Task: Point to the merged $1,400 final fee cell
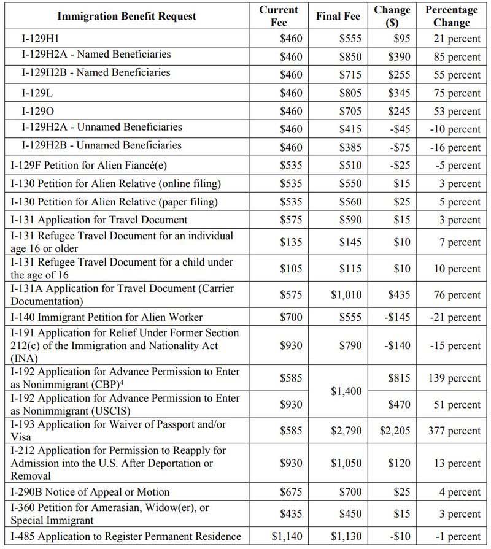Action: coord(346,391)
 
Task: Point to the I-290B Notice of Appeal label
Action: coord(90,492)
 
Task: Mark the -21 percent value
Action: coord(455,317)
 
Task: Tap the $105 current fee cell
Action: coord(291,268)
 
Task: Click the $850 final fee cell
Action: coord(350,56)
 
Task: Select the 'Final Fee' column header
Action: coord(338,16)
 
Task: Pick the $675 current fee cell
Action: coord(291,492)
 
